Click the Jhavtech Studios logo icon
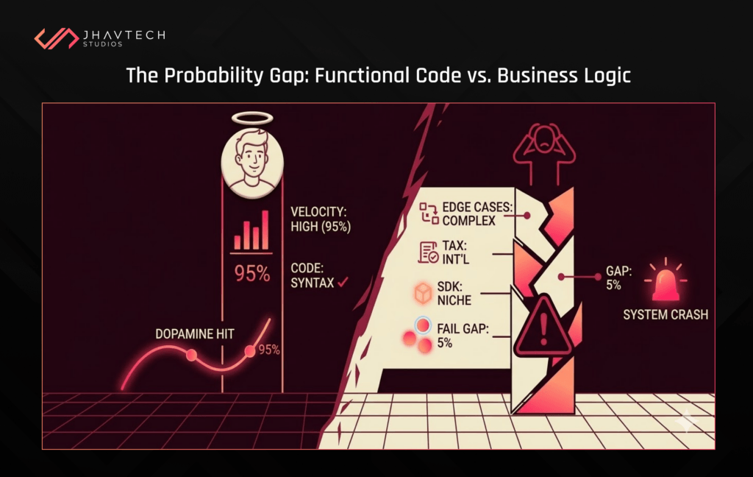[57, 38]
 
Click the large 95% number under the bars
[252, 273]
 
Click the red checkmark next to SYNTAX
[342, 282]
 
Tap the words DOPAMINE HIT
[195, 333]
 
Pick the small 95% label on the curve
[269, 350]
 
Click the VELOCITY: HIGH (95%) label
[321, 219]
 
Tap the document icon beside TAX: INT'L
[429, 253]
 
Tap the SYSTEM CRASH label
[665, 315]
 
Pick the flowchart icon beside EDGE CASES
[429, 213]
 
